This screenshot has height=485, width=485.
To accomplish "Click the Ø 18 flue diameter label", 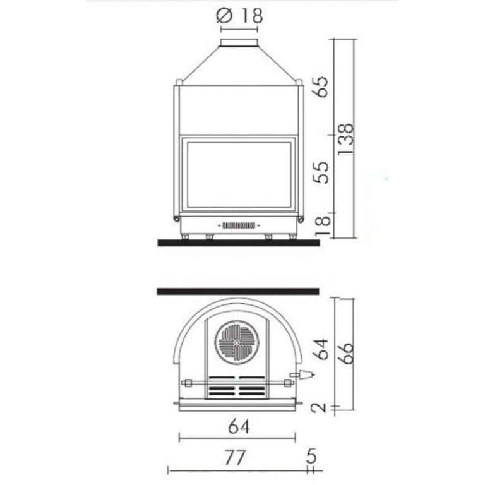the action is click(x=239, y=15).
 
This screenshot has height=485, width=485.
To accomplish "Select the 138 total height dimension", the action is click(x=345, y=139).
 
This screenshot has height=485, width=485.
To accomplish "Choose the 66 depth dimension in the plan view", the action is click(x=345, y=353).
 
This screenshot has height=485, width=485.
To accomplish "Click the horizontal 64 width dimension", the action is click(x=239, y=427).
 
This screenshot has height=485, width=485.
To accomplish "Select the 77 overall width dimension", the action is click(x=235, y=457).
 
